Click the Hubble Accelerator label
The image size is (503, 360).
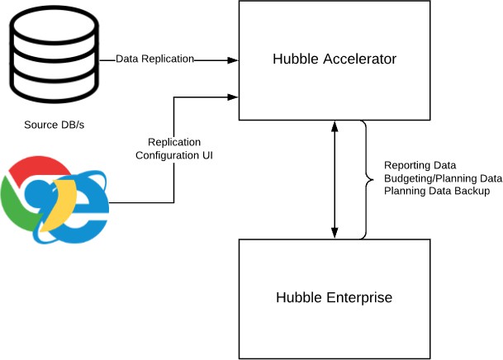(335, 59)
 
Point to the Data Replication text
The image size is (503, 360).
(154, 59)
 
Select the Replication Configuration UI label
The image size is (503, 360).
(174, 148)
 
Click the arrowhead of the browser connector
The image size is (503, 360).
(234, 97)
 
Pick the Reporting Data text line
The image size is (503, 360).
(420, 164)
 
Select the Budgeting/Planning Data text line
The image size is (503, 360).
(443, 178)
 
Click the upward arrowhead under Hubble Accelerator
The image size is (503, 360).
(335, 126)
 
